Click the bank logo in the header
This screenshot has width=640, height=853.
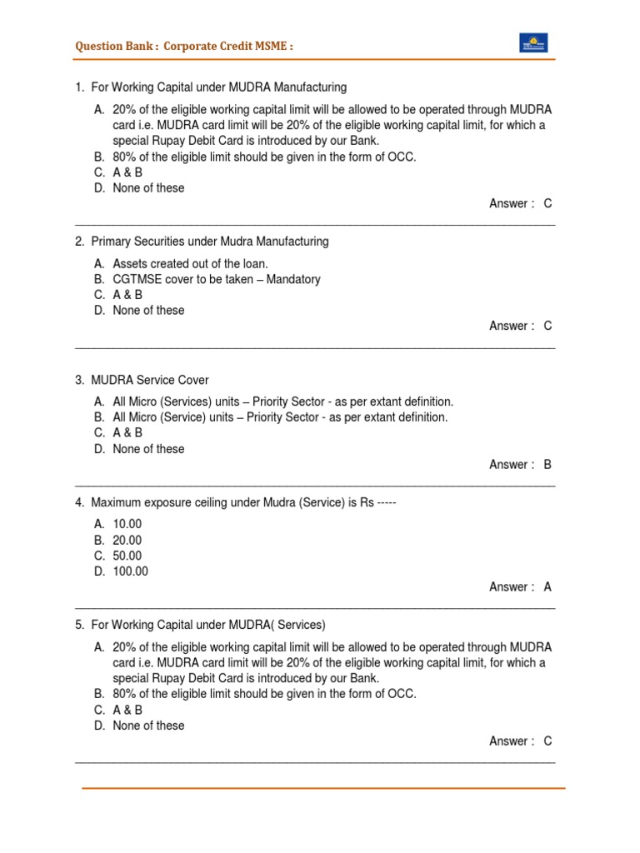coord(533,43)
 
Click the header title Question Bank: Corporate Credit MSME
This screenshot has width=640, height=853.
coord(184,46)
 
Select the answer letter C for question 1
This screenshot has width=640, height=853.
coord(547,203)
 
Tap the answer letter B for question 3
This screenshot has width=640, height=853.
coord(547,465)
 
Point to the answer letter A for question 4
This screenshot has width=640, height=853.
coord(547,586)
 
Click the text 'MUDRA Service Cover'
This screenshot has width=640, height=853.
coord(150,380)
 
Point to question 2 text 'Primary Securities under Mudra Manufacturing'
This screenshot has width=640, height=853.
coord(209,242)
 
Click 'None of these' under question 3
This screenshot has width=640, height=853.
coord(148,448)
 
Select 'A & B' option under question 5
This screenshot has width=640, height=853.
coord(127,710)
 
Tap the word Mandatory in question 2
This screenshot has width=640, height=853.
coord(293,279)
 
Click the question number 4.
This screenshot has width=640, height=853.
coord(79,502)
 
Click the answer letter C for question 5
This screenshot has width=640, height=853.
coord(547,741)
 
